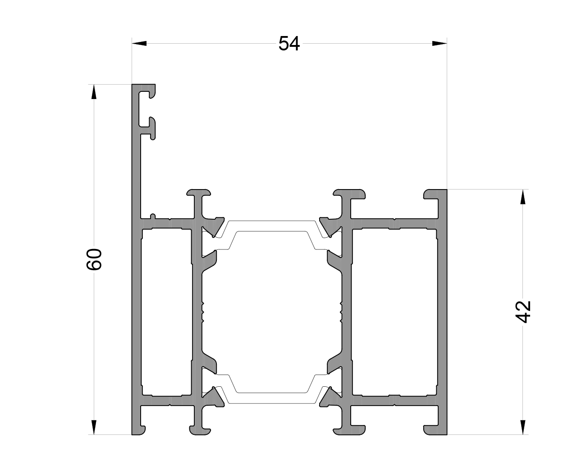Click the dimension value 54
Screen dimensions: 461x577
point(289,44)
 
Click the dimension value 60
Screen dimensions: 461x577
point(95,259)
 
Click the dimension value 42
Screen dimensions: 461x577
point(523,312)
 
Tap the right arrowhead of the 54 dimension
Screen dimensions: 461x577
point(439,44)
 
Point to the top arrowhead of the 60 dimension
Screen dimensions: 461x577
point(94,92)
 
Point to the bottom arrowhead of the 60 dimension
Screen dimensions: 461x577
point(94,427)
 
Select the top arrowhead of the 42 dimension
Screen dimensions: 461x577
point(523,197)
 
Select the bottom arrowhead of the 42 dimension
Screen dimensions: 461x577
point(523,427)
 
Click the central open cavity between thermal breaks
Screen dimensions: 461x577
point(270,311)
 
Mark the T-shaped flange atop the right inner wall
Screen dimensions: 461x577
point(350,194)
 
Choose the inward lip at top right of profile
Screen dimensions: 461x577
point(432,194)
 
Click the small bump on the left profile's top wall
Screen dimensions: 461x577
point(153,217)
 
